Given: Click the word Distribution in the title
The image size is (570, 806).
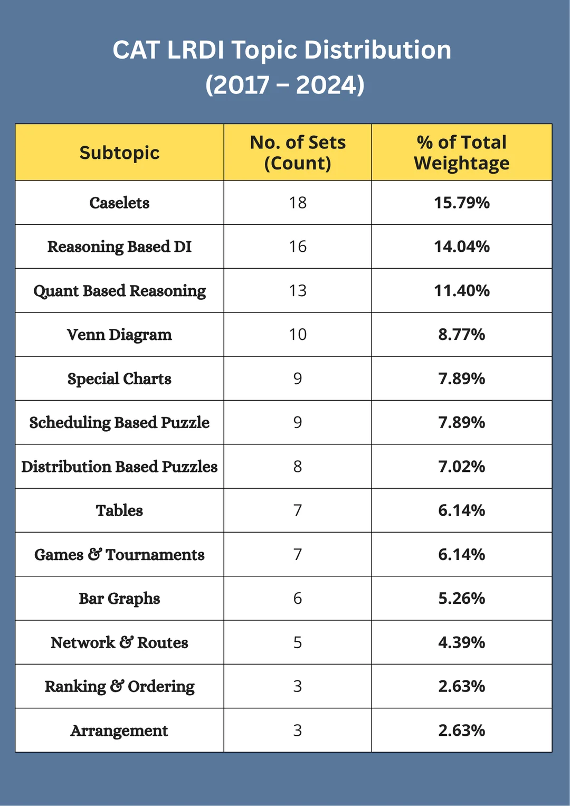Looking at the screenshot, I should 377,51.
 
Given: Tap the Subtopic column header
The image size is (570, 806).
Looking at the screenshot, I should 119,153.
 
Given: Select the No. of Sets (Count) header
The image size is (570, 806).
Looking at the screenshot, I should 298,153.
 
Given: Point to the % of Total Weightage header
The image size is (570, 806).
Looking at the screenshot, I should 462,153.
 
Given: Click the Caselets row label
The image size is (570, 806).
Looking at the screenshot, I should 119,203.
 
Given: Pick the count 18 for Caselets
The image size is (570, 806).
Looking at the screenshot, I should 298,203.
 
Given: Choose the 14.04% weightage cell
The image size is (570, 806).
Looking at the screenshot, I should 462,246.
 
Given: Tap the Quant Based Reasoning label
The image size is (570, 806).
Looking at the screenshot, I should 119,291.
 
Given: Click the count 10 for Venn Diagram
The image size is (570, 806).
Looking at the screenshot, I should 298,335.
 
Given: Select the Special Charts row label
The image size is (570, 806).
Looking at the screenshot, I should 119,379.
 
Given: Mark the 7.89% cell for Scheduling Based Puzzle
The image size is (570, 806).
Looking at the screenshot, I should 462,423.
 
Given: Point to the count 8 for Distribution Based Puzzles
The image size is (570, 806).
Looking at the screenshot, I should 298,467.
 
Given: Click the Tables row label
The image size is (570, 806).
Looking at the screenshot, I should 119,510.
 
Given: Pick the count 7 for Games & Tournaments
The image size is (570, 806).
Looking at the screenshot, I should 298,555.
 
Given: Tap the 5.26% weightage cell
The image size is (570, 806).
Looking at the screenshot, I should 462,599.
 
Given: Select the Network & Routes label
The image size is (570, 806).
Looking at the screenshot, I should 119,642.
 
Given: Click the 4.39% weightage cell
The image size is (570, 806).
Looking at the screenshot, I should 462,642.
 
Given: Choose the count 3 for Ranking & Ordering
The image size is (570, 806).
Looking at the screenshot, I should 298,686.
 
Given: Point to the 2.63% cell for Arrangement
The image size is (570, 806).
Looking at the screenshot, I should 462,731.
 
